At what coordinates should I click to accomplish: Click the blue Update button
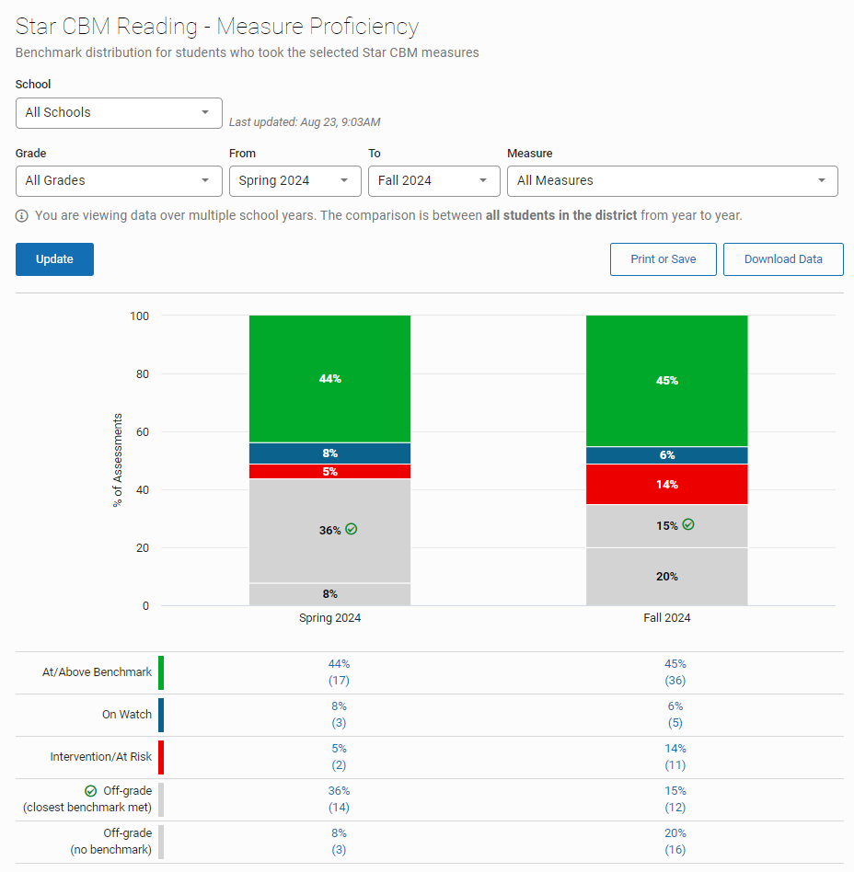coord(54,259)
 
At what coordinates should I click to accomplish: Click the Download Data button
coord(783,259)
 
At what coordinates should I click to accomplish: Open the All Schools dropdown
coord(119,113)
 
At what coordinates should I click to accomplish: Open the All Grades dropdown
coord(119,181)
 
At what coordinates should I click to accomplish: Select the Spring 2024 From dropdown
coord(294,181)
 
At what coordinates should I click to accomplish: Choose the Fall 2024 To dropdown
coord(433,181)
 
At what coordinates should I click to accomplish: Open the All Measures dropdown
coord(672,181)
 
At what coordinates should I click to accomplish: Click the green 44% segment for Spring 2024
coord(329,379)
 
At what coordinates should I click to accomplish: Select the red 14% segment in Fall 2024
coord(666,485)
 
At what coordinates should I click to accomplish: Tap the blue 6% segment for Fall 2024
coord(666,455)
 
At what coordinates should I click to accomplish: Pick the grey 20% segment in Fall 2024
coord(666,577)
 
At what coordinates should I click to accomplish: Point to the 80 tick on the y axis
coord(141,374)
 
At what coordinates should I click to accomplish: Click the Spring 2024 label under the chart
coord(329,618)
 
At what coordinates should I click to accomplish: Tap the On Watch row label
coord(127,715)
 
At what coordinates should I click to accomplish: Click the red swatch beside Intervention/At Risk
coord(161,757)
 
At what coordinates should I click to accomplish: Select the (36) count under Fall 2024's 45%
coord(675,681)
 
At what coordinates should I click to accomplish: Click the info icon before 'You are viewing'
coord(22,216)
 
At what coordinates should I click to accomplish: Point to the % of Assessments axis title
coord(118,461)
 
